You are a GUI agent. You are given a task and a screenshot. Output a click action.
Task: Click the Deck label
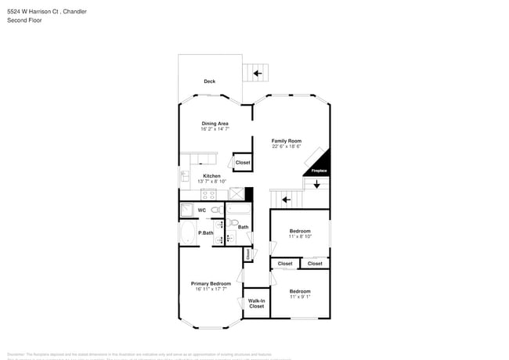point(210,81)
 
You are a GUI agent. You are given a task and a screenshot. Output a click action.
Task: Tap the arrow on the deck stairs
point(258,74)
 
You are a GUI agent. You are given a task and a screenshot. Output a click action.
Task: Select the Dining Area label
point(215,124)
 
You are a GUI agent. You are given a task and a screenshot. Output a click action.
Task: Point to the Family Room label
point(287,141)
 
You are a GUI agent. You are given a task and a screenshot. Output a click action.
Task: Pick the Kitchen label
point(211,176)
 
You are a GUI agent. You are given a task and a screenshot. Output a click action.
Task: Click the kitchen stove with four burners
point(209,193)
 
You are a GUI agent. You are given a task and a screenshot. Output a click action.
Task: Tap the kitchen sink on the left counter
point(185,176)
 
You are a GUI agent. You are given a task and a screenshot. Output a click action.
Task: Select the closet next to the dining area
point(243,163)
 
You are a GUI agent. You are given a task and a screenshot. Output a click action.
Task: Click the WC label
point(201,211)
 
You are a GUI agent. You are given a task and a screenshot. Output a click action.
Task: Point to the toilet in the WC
point(215,211)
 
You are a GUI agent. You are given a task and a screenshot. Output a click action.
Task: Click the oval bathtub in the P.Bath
point(188,232)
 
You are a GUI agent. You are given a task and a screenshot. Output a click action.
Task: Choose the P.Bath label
point(205,233)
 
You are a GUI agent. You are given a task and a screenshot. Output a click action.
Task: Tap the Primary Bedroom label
point(211,283)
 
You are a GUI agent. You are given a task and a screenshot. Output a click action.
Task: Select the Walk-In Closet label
point(257,303)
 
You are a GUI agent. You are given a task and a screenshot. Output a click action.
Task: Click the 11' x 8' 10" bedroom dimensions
point(300,236)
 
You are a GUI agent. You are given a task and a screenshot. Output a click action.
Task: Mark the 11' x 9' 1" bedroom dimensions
point(300,297)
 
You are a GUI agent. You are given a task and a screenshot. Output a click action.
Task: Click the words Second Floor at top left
point(24,20)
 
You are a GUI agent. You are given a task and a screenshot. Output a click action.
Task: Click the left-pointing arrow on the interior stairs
point(287,200)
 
